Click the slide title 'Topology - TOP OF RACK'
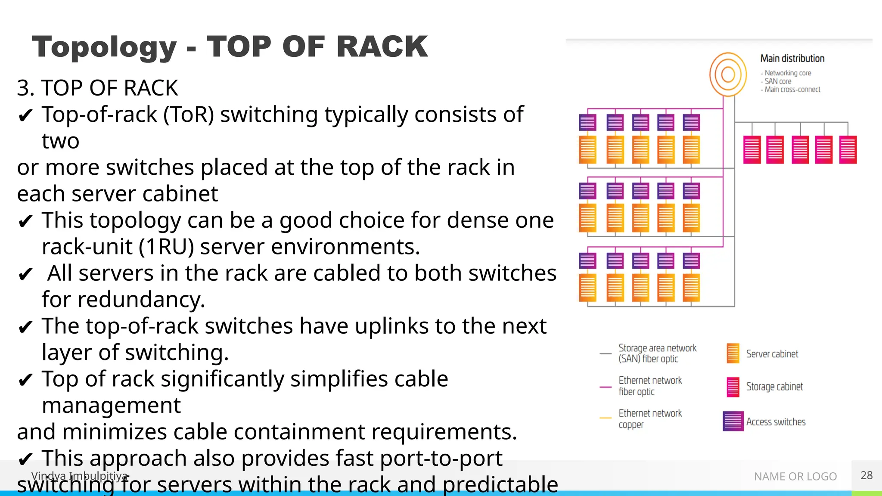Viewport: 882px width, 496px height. point(230,46)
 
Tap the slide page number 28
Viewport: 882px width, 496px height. point(866,475)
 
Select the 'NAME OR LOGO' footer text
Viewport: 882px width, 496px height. point(795,477)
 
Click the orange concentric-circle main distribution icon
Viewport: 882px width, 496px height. point(728,74)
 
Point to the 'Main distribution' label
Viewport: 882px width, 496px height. point(792,59)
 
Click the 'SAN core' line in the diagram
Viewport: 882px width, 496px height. point(778,81)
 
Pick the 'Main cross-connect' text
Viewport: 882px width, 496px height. point(792,90)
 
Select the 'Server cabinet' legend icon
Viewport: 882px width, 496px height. point(733,353)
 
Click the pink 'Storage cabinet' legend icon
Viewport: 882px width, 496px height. point(733,387)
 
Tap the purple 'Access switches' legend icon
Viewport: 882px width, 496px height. point(733,421)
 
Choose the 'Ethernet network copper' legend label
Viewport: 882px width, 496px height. point(650,418)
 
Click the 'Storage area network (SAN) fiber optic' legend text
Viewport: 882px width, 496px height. point(657,353)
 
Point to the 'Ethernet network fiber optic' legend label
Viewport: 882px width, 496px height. point(650,386)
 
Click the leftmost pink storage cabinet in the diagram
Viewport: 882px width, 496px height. point(752,149)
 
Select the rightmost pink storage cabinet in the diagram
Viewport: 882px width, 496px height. point(848,149)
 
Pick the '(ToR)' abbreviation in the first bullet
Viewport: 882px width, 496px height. point(188,115)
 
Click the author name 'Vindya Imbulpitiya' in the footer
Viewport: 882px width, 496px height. point(80,476)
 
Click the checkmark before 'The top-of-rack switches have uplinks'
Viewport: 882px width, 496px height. point(25,327)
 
